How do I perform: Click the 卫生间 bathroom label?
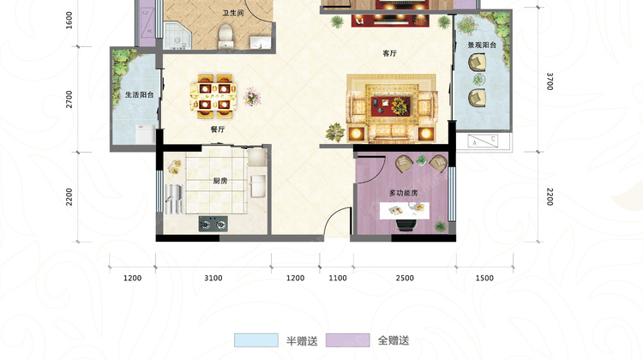(x=233, y=13)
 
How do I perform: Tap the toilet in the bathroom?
(x=225, y=37)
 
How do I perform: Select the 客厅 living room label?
(x=389, y=53)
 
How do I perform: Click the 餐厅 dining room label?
(x=218, y=129)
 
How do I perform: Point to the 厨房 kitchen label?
(x=220, y=181)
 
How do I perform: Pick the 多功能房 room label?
(x=404, y=193)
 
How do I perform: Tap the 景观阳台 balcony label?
(x=482, y=45)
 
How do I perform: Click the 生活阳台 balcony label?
(x=140, y=95)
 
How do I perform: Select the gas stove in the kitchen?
(x=213, y=224)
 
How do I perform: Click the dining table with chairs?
(x=213, y=97)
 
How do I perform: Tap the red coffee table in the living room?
(x=391, y=105)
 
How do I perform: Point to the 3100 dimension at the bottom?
(x=213, y=278)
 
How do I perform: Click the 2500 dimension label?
(x=405, y=278)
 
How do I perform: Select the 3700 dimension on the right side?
(x=550, y=81)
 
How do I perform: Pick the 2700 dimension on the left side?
(x=69, y=99)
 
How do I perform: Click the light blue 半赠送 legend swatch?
(x=256, y=340)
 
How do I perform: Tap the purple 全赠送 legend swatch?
(x=348, y=340)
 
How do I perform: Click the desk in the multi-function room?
(x=405, y=210)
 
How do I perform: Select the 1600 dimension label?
(x=69, y=20)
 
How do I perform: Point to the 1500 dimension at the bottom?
(x=484, y=278)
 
